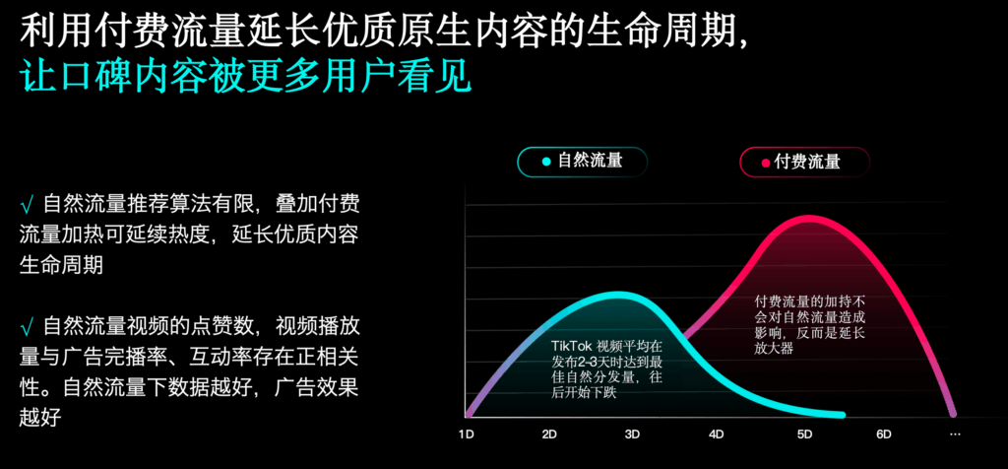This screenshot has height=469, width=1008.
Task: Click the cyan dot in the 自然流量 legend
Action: point(546,162)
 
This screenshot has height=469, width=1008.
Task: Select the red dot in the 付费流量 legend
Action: point(765,163)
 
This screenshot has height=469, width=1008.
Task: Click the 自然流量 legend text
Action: point(590,162)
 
